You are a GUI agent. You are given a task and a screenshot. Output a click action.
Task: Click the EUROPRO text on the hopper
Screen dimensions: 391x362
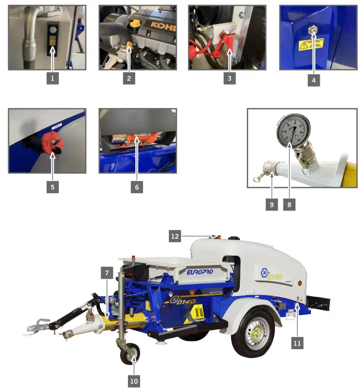point(204,273)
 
